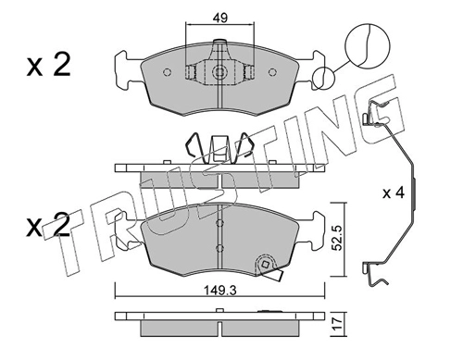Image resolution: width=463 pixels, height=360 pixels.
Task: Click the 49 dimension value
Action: pyautogui.click(x=219, y=18)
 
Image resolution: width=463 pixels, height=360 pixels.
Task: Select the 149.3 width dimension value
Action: pyautogui.click(x=220, y=291)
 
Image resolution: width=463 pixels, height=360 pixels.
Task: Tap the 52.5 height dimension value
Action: pyautogui.click(x=337, y=238)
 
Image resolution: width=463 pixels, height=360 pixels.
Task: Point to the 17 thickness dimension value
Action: pyautogui.click(x=337, y=323)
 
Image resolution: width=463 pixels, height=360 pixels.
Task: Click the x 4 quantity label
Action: pyautogui.click(x=394, y=193)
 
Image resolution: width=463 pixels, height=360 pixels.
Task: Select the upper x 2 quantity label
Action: pyautogui.click(x=48, y=65)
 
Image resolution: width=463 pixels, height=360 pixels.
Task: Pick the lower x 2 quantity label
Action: pyautogui.click(x=48, y=226)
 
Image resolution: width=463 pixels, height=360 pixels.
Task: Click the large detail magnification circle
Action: pyautogui.click(x=368, y=44)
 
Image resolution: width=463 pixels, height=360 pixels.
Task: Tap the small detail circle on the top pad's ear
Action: pyautogui.click(x=323, y=78)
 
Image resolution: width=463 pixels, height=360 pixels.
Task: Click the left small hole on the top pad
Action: pyautogui.click(x=167, y=72)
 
